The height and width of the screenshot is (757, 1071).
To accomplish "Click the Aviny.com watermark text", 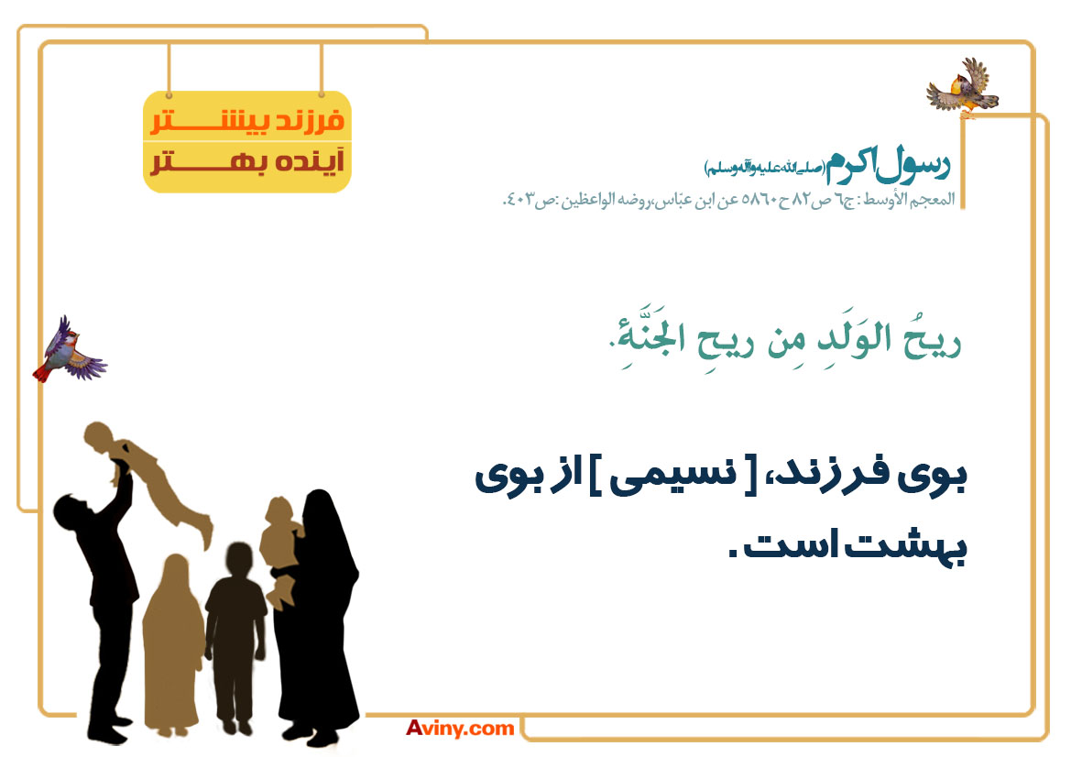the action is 460,729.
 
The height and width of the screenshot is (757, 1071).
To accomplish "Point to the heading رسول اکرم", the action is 888,165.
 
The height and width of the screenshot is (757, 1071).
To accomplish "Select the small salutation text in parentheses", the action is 765,168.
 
